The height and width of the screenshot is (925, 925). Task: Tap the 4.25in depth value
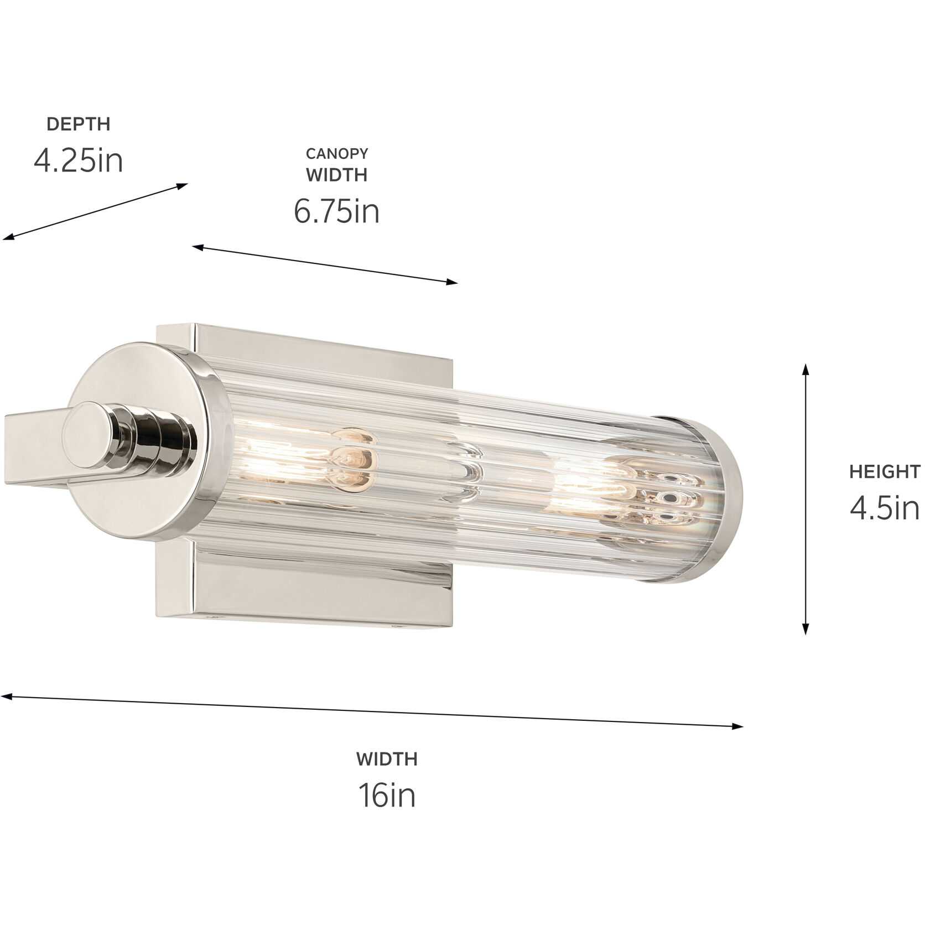tap(78, 160)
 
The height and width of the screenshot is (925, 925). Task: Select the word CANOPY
tap(336, 153)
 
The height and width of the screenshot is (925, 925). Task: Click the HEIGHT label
tap(885, 472)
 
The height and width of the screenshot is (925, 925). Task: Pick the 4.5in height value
tap(885, 508)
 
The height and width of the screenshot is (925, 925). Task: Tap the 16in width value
tap(387, 796)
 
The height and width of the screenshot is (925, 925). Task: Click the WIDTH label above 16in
tap(387, 758)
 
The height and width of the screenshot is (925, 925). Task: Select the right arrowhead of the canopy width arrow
tap(453, 283)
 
